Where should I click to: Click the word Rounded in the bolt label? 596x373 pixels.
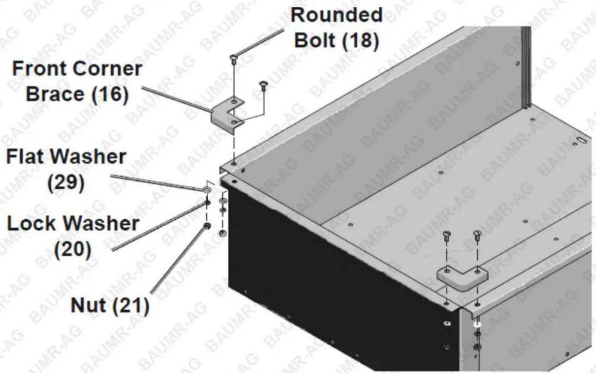coord(337,15)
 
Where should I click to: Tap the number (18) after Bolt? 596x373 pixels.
coord(360,41)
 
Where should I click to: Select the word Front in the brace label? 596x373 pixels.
coord(40,69)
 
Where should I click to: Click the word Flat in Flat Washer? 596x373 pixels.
coord(23,156)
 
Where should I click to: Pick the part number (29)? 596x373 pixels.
coord(66,182)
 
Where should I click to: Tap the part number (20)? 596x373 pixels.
coord(73,249)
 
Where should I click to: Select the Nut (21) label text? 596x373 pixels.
coord(110,306)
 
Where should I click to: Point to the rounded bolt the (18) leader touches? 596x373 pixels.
coord(233,59)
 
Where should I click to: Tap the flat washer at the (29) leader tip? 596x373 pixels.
coord(207,190)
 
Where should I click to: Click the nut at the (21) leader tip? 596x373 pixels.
coord(207,226)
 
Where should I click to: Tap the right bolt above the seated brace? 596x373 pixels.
coord(478,235)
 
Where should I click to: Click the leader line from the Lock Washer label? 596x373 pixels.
coord(159,226)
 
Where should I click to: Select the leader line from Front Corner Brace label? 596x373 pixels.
coord(177,99)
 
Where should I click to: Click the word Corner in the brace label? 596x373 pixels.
coord(107,69)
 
